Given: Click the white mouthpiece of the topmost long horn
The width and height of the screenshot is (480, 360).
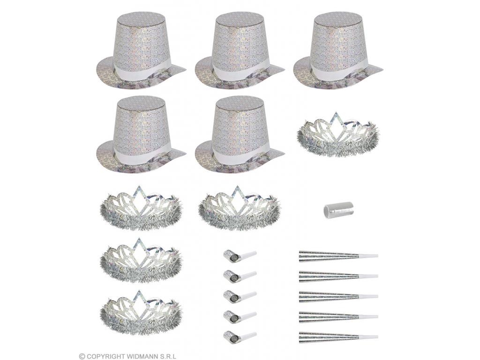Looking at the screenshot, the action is pos(368,256).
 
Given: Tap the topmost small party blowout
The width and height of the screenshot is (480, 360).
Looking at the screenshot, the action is pos(240,255).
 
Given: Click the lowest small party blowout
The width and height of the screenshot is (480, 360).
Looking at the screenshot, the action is pos(240,335).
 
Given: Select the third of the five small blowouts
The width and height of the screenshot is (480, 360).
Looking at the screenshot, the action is pos(240,295).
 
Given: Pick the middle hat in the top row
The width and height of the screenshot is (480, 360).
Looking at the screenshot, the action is pos(240,52).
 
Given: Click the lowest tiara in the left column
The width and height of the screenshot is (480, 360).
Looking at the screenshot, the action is pos(141,311).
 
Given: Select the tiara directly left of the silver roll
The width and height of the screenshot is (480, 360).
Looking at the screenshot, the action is pos(239,207).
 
